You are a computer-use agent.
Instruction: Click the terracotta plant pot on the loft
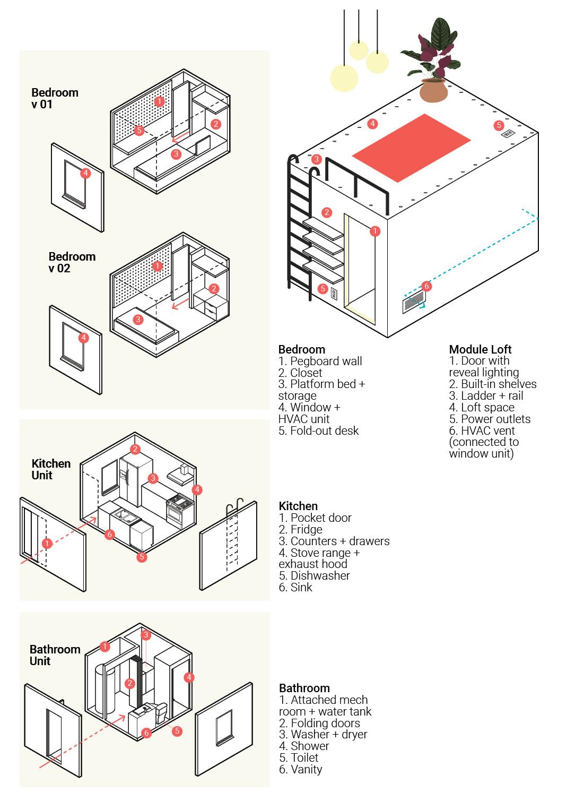pos(433,90)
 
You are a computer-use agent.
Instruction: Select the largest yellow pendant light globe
pos(344,77)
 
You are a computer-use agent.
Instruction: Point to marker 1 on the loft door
pos(375,231)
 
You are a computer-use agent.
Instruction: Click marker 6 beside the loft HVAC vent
pos(426,286)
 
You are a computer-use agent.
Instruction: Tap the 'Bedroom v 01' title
pos(54,98)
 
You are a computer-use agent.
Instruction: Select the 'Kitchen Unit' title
pos(51,469)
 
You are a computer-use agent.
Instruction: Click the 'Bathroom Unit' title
pos(55,655)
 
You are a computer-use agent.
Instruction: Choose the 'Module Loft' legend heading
pos(480,349)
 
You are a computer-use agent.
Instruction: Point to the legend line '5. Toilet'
pos(299,757)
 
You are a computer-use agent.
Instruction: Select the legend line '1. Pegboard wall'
pos(320,361)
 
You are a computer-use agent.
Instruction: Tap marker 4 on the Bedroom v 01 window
pos(85,173)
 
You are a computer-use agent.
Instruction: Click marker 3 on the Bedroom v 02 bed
pos(138,320)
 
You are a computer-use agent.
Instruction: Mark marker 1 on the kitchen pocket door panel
pos(47,543)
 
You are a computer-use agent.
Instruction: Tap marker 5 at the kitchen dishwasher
pos(142,557)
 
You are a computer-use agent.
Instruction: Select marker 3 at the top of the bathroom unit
pos(145,635)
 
